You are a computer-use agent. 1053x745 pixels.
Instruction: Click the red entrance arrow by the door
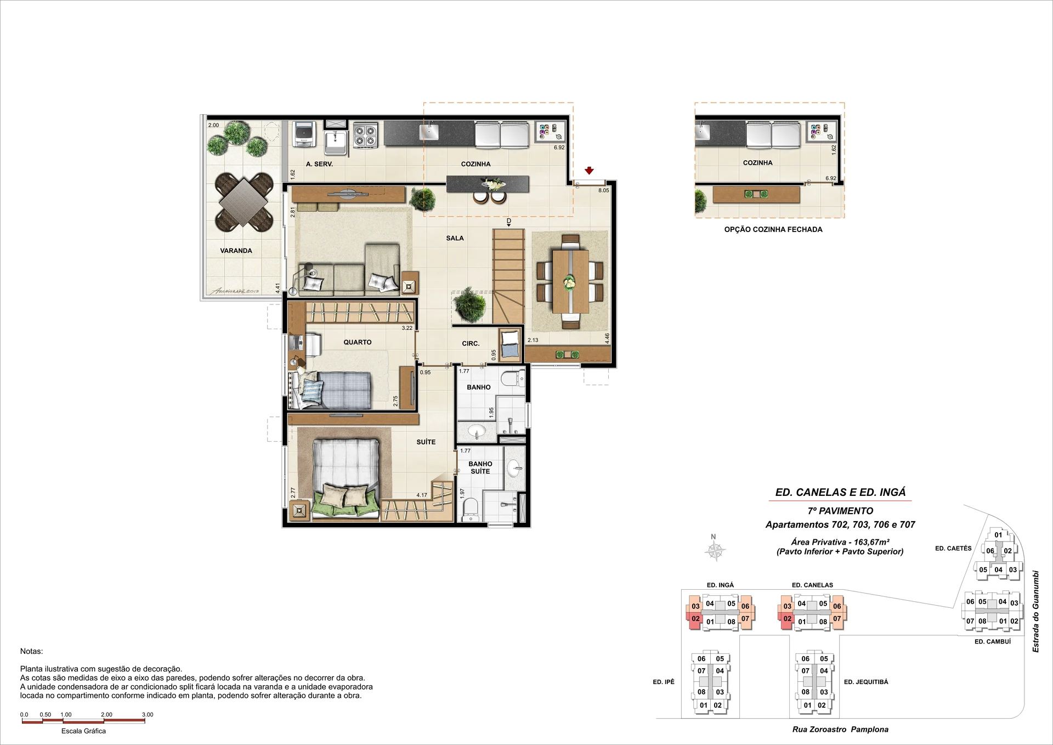coord(589,171)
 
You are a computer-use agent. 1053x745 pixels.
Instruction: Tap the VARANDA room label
coord(236,251)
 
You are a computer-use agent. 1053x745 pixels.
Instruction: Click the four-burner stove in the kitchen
coord(365,135)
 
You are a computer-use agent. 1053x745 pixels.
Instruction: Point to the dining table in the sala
coord(570,281)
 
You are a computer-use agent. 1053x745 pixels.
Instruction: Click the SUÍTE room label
coord(426,442)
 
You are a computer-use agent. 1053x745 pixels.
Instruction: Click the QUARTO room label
coord(358,342)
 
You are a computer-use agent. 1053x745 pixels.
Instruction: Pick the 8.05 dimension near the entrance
coord(603,190)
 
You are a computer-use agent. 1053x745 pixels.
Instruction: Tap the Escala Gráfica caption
coord(83,731)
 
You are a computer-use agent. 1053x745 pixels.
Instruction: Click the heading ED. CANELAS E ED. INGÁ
coord(840,492)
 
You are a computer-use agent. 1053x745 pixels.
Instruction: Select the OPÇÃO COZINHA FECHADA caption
coord(773,229)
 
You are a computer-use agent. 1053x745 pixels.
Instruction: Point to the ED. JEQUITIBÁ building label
coord(866,682)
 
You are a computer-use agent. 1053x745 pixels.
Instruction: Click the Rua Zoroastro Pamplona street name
coord(840,729)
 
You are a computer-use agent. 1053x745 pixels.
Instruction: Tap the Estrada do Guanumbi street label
coord(1035,611)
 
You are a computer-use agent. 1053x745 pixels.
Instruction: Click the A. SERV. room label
coord(319,164)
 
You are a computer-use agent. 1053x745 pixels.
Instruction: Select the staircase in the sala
coord(508,276)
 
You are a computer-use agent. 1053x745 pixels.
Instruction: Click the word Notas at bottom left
coord(31,651)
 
